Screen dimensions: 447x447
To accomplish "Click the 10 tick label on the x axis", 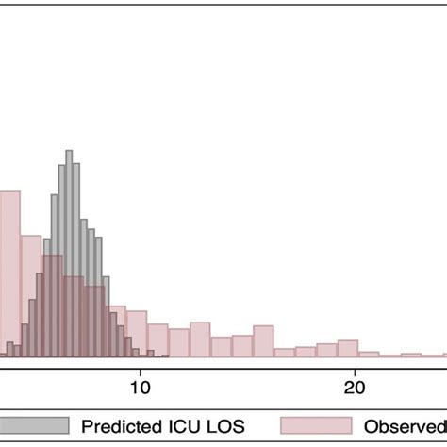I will tap(140, 386).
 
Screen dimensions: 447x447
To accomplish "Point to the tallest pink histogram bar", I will tap(9, 273).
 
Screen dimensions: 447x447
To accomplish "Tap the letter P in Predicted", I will tap(86, 426).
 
